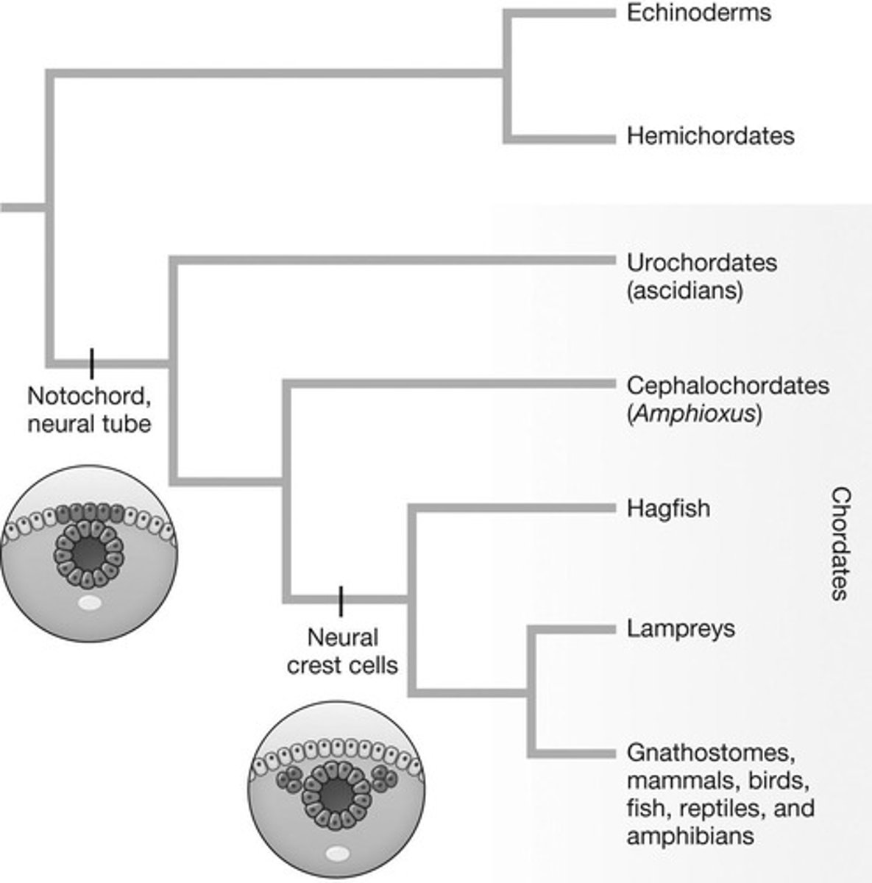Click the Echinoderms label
click(698, 13)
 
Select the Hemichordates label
click(710, 136)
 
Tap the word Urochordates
click(701, 263)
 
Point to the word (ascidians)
click(684, 290)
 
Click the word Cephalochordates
click(728, 386)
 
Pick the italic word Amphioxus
click(695, 414)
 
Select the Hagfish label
click(668, 508)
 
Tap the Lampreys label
click(681, 629)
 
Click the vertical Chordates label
click(840, 544)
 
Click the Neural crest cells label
click(342, 651)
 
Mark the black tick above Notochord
click(92, 362)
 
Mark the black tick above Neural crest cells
click(341, 600)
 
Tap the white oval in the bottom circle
click(338, 854)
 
